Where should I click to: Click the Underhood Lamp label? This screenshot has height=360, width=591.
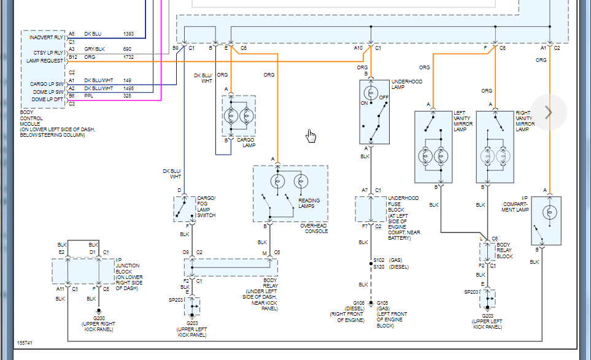coord(407,85)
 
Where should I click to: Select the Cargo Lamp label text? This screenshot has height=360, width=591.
coord(245,142)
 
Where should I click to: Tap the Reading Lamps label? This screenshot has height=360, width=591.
coord(309,204)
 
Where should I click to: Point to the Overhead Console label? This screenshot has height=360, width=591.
coord(314,229)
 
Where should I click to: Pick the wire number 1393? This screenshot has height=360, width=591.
coord(128,34)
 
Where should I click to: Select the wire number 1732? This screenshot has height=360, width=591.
coord(128,57)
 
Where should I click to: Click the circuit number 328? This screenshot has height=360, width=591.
coord(128,96)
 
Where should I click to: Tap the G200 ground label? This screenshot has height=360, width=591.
coord(99,318)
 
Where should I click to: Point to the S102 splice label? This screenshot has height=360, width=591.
coord(379,260)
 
